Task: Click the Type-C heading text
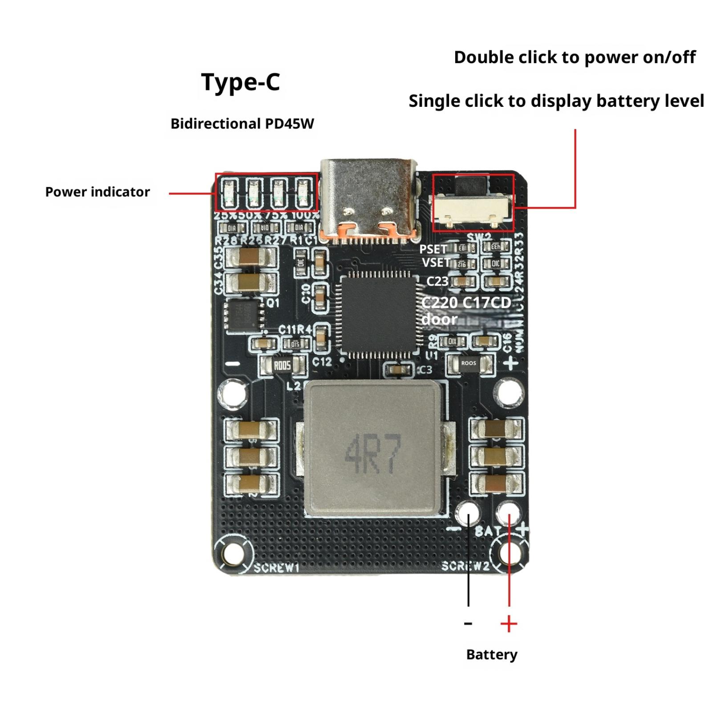click(x=241, y=82)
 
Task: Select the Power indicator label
click(x=97, y=192)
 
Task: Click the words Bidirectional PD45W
click(x=242, y=123)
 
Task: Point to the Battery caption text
click(x=492, y=654)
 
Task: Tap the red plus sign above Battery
click(x=509, y=624)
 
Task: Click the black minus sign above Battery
click(x=468, y=623)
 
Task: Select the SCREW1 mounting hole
click(x=231, y=554)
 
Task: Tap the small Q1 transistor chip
click(x=244, y=314)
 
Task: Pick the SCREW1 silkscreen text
click(x=277, y=568)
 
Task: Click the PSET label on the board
click(x=433, y=249)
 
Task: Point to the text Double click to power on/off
click(x=574, y=57)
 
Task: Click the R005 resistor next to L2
click(x=283, y=365)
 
